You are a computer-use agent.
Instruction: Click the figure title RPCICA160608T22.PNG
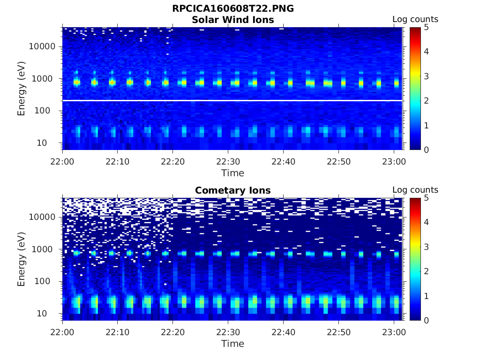tap(233, 8)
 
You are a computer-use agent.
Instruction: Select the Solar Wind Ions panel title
tap(233, 20)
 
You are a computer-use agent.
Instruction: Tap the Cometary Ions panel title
tap(233, 190)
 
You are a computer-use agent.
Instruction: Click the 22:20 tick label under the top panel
tap(173, 161)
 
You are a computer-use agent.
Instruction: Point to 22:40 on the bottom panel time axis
tap(283, 332)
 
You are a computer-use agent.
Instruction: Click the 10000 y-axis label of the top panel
tap(43, 47)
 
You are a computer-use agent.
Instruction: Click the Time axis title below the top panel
tap(233, 173)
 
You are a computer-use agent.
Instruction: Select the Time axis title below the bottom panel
tap(233, 344)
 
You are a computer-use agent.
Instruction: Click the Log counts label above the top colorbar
tap(415, 20)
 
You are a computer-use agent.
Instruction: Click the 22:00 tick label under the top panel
tap(63, 161)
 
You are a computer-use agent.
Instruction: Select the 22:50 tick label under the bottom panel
tap(338, 332)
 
